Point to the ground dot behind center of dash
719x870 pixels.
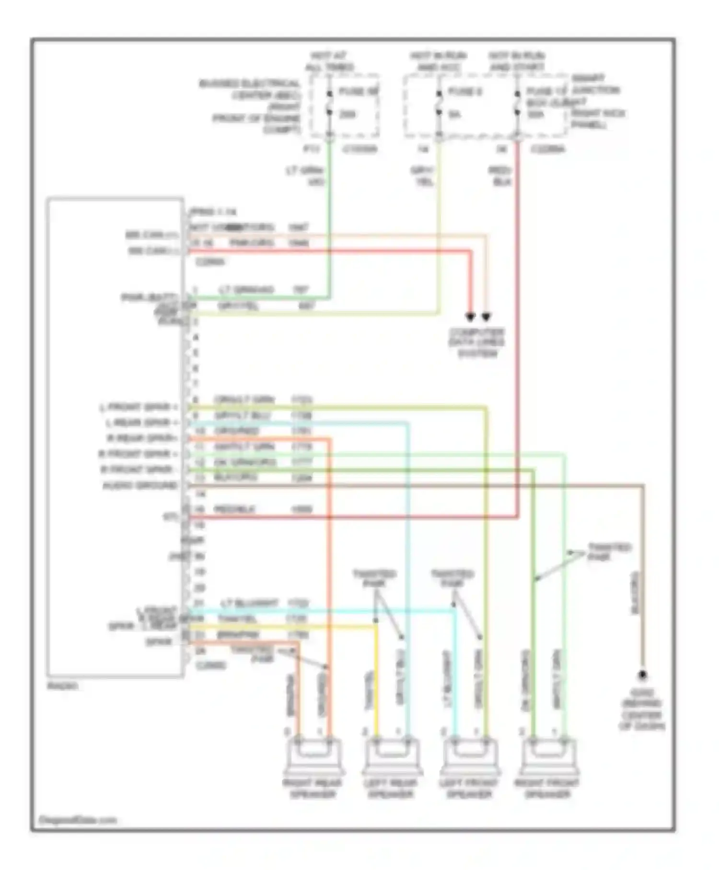(642, 675)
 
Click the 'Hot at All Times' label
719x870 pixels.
(329, 61)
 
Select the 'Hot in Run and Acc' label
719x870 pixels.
(438, 61)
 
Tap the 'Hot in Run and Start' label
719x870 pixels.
(517, 61)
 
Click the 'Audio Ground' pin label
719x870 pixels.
(140, 486)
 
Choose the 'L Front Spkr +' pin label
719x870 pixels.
(139, 408)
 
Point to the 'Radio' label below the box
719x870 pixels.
(62, 686)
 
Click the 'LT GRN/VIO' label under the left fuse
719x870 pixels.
(305, 176)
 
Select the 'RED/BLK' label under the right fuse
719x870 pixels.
(500, 176)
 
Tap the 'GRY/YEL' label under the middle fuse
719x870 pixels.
(422, 176)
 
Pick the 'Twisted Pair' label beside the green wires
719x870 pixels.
(609, 552)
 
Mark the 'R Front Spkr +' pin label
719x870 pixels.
(138, 454)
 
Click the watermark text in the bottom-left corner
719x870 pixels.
(77, 820)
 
